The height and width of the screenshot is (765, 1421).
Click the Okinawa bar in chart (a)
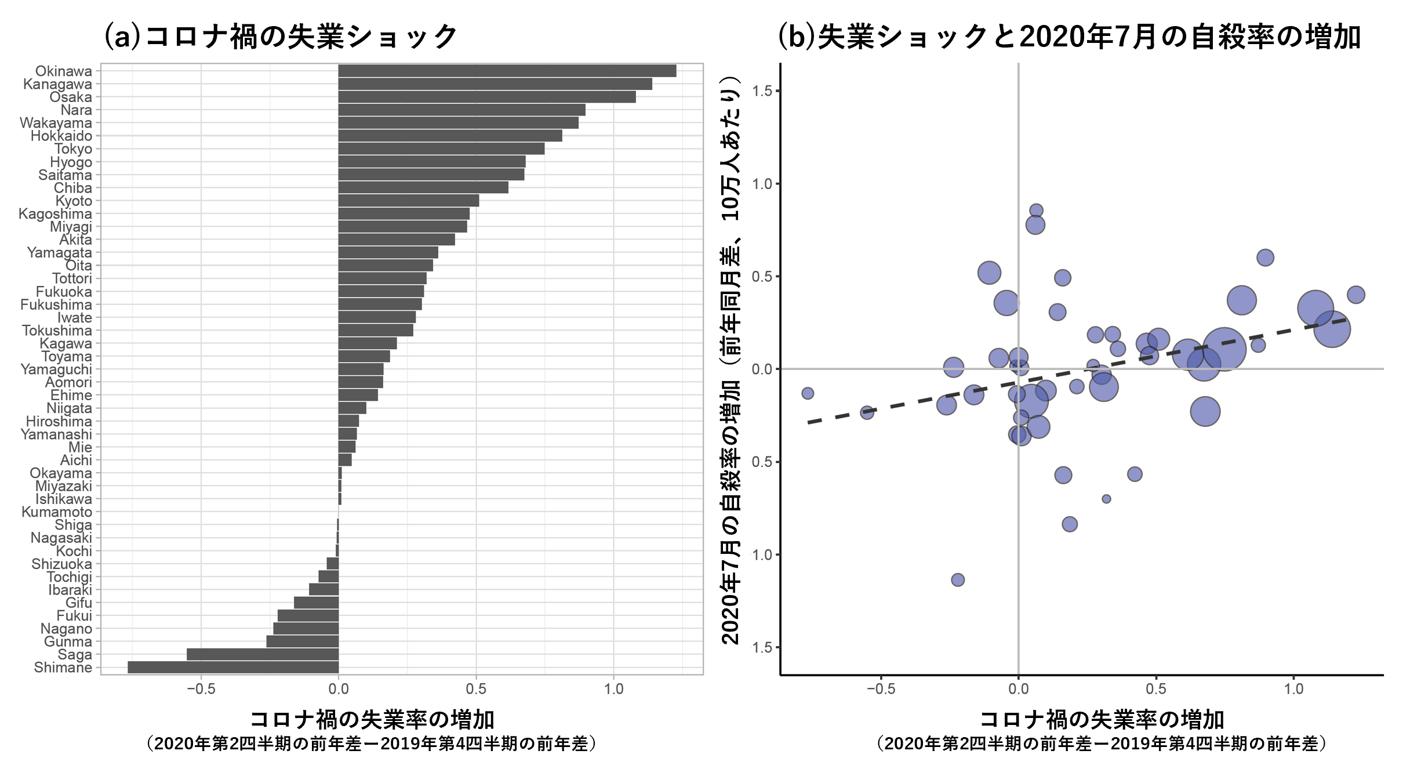coord(507,71)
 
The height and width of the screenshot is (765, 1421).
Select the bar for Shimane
coord(233,667)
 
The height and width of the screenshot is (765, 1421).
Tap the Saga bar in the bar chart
coord(263,654)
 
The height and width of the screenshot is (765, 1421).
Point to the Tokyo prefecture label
coord(73,149)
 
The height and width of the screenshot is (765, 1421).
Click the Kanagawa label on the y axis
coord(57,84)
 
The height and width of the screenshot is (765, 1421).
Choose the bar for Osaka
coord(487,97)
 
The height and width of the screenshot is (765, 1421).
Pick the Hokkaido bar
coord(450,136)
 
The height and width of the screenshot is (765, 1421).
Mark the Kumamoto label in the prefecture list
coord(57,512)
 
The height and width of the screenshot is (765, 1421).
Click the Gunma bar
coord(303,641)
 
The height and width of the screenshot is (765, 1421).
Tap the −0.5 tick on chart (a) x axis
coord(201,689)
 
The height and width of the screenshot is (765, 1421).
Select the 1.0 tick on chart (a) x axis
coord(614,689)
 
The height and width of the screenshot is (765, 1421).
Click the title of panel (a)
coord(281,36)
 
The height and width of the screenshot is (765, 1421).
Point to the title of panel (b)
coord(1069,36)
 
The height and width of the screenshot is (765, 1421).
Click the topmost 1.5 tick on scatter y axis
coord(761,91)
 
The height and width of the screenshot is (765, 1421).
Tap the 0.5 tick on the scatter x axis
coord(1156,689)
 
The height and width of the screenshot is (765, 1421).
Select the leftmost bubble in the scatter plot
coord(808,393)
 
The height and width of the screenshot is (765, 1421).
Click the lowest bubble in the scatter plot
coord(958,579)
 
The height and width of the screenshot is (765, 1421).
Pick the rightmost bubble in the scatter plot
coord(1355,295)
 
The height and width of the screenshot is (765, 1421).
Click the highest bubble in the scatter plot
coord(1036,211)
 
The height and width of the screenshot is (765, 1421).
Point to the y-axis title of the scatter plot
coord(731,360)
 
